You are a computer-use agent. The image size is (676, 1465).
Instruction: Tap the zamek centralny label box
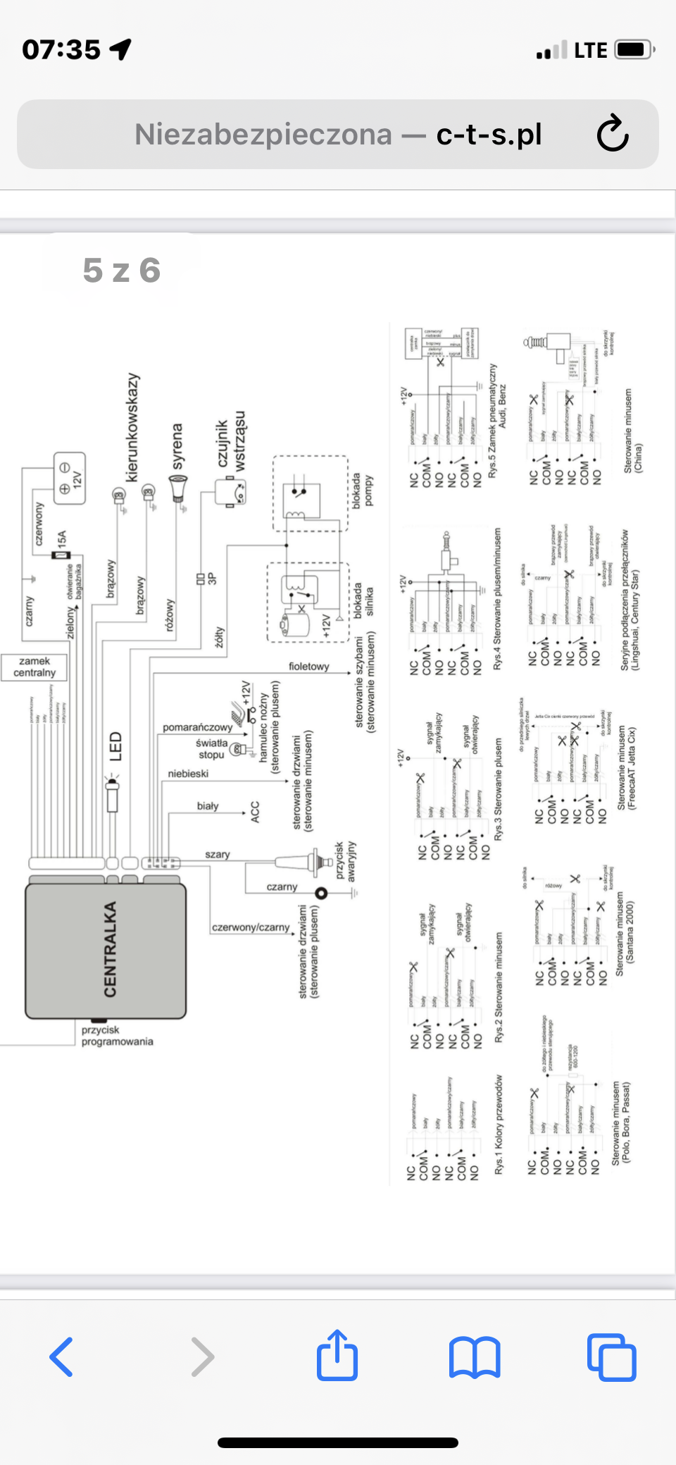35,667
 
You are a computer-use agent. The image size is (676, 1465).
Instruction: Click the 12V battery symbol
70,478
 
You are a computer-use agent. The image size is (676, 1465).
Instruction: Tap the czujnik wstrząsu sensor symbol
230,491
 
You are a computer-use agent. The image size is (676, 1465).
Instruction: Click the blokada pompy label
363,490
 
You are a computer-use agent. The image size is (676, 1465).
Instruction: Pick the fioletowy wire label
308,667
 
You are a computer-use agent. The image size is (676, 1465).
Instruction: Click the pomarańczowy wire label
197,727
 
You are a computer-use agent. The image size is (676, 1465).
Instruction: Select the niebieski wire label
188,774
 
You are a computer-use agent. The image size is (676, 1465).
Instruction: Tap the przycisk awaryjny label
345,861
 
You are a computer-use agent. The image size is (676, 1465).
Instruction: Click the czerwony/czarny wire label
251,927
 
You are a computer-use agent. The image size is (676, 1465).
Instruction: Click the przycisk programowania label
117,1036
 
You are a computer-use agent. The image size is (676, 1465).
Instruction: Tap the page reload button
612,134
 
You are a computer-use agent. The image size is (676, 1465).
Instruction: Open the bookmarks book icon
475,1356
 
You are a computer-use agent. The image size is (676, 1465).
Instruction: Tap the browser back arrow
61,1356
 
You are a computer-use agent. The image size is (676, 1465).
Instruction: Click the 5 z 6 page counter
122,271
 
